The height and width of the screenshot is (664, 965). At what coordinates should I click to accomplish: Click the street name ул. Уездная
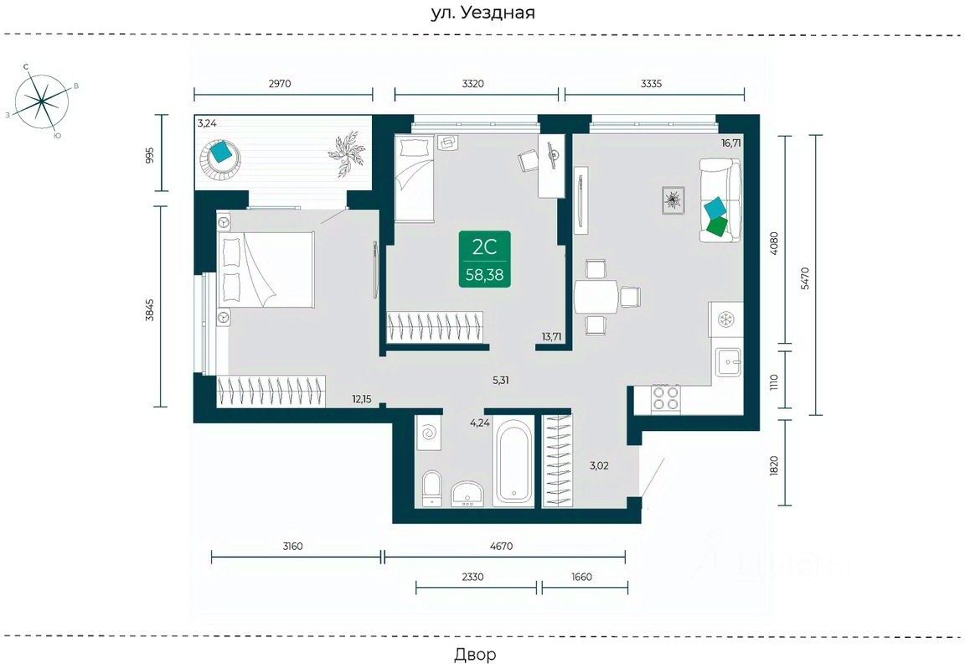click(x=482, y=13)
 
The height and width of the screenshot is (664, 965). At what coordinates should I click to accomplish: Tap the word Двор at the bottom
click(x=475, y=654)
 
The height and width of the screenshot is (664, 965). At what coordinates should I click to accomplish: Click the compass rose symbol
click(x=41, y=101)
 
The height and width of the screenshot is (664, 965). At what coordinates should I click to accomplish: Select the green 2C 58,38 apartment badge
click(x=485, y=259)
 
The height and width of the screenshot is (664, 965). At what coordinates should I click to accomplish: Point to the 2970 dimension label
click(x=280, y=84)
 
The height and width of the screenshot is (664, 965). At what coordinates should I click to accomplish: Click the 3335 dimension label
click(x=651, y=84)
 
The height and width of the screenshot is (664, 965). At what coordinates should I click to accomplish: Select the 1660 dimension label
click(x=581, y=577)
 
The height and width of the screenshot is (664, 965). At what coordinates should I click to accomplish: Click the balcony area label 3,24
click(x=207, y=123)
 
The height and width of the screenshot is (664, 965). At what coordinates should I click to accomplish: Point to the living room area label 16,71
click(x=731, y=143)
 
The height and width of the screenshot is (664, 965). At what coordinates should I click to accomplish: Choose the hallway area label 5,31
click(x=500, y=380)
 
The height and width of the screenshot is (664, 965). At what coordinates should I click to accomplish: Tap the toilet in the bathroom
click(x=432, y=489)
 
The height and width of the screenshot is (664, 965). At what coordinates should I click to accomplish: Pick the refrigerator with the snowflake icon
click(x=725, y=319)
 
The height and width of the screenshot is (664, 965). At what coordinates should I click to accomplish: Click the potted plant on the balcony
click(x=348, y=152)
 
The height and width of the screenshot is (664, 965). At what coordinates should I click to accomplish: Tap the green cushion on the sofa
click(x=717, y=226)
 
